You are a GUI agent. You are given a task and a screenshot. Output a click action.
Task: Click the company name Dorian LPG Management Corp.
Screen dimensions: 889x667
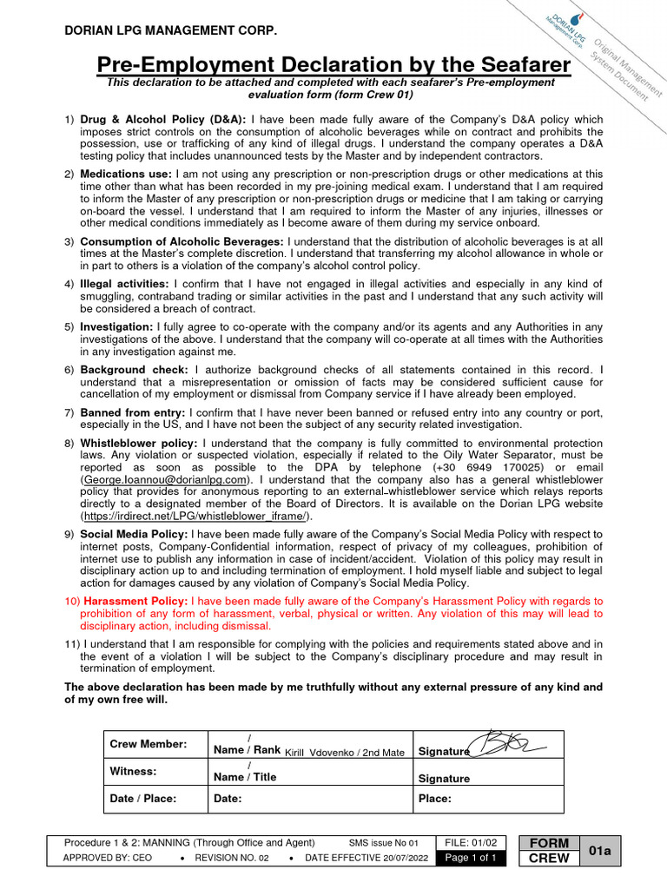pos(171,31)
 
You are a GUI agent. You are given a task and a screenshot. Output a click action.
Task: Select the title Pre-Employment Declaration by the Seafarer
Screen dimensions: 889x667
pos(333,65)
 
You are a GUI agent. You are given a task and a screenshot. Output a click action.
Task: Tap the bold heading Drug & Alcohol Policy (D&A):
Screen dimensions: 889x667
pos(163,119)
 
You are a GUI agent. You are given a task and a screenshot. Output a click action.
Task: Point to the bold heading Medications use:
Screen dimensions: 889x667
pos(126,175)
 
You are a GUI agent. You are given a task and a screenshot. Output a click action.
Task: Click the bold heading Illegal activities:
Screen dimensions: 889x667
pos(124,284)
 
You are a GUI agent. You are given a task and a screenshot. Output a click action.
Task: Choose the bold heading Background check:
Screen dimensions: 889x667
pos(134,370)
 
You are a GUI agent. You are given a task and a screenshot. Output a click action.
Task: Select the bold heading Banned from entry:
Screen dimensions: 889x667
pos(132,412)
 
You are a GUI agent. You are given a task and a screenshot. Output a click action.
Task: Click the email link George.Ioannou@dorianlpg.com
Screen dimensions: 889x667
pos(167,479)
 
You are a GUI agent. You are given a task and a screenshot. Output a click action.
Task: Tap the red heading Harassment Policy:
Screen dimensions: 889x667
pos(135,601)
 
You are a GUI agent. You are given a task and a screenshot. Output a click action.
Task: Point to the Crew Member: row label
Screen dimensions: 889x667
pos(148,745)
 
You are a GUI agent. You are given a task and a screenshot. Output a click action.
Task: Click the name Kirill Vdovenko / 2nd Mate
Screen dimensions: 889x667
pos(345,753)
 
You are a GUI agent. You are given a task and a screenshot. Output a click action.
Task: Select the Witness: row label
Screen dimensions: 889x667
pos(133,771)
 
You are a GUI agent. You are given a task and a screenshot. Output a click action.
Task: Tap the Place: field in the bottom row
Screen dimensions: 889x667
pos(434,799)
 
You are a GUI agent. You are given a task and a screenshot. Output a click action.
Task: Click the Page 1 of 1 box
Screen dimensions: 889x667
pos(470,858)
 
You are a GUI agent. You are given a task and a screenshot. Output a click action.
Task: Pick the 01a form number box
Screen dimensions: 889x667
pos(600,851)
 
